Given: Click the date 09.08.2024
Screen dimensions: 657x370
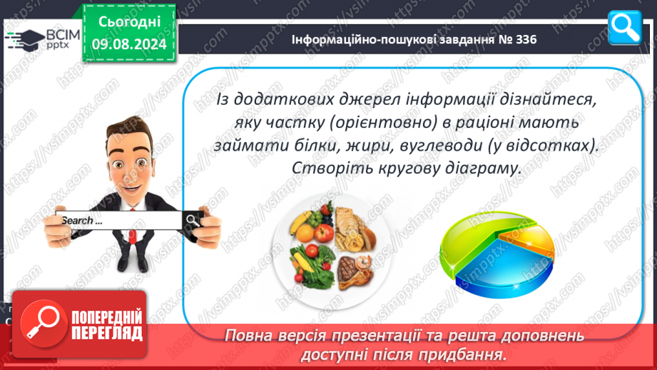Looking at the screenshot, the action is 129,44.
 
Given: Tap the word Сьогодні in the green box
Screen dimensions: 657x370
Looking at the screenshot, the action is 129,22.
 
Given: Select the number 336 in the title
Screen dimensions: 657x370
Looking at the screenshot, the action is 526,39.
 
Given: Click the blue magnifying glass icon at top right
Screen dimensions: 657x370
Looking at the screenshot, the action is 624,28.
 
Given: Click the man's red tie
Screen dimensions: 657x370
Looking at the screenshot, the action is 133,229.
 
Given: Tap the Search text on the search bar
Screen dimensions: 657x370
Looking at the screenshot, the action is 82,220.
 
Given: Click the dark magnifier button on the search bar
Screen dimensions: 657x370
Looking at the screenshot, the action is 193,220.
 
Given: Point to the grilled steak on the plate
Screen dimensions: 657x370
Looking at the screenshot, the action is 347,269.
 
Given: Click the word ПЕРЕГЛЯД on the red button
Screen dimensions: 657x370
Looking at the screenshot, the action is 107,334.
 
